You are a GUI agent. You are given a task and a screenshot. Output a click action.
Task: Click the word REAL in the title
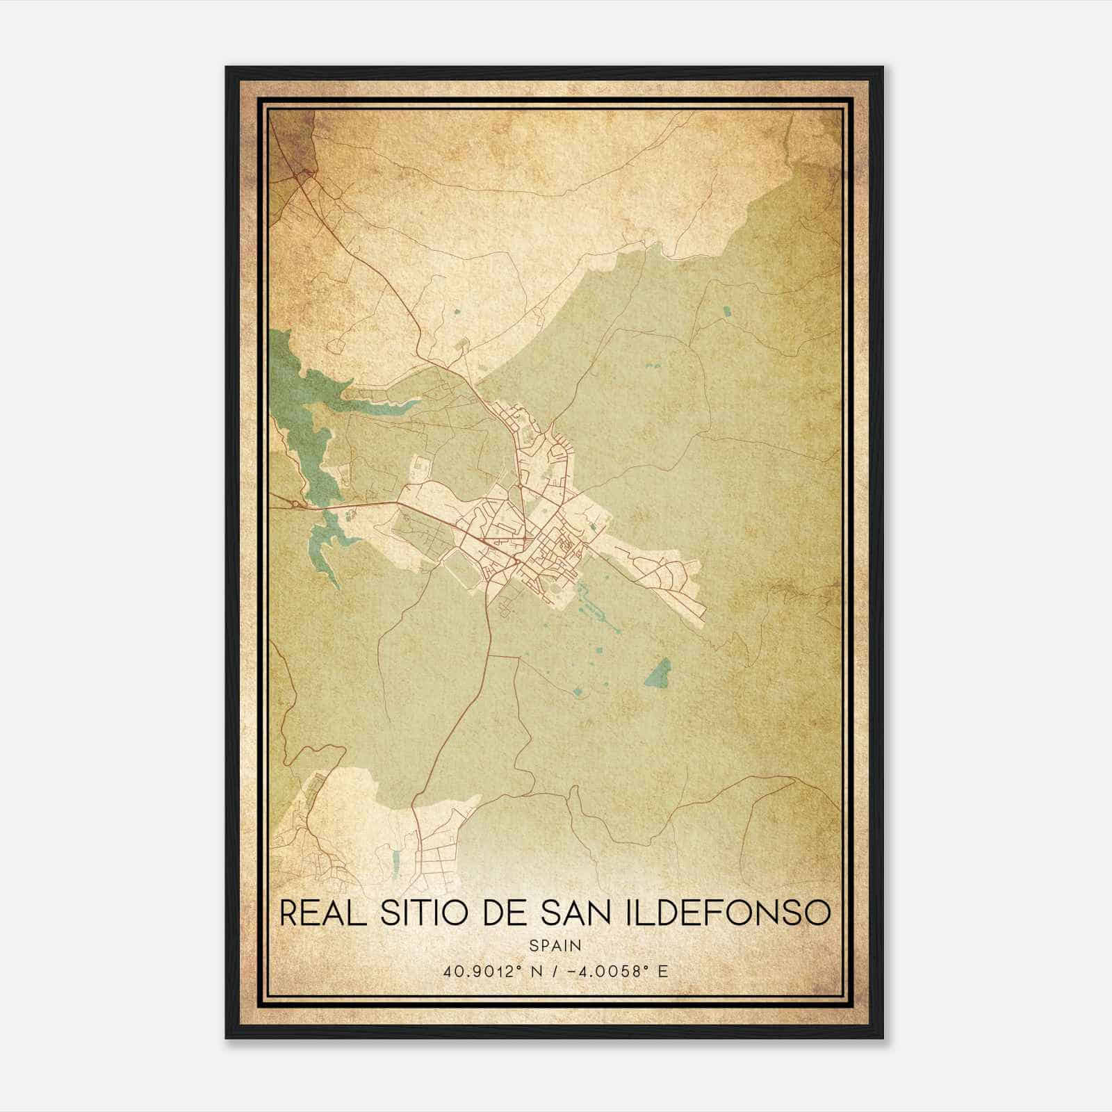click(322, 913)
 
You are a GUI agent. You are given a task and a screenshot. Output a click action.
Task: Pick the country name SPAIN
click(555, 946)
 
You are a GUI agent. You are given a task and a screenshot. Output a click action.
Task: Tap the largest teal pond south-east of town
click(657, 672)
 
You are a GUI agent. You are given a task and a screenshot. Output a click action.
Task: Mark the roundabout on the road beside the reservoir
click(297, 503)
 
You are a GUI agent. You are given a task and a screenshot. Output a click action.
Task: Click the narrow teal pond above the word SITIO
click(395, 862)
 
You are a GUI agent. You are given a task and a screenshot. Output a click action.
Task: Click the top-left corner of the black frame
click(227, 68)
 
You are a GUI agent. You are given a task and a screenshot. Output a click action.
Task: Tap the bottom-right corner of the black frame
click(882, 1037)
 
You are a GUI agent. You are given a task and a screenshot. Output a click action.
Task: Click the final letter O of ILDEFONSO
click(819, 913)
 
